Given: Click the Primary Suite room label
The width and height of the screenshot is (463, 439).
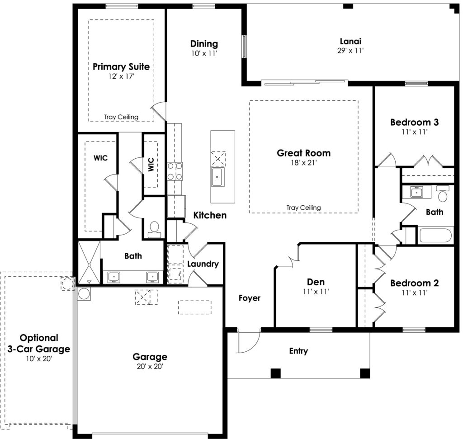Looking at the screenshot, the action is point(121,66).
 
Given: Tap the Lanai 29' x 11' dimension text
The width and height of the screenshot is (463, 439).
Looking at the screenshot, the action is point(350,51).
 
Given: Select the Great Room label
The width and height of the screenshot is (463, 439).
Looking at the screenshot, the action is point(303,153).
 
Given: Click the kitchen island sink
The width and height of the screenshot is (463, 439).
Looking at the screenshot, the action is point(218,177).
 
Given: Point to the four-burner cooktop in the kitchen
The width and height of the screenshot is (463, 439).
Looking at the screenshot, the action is point(175,171).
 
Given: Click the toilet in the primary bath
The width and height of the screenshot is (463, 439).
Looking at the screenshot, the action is point(154,230).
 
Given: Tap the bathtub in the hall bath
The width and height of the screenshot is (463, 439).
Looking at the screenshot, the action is point(435,235).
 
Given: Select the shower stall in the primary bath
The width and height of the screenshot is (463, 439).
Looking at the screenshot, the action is point(89,262).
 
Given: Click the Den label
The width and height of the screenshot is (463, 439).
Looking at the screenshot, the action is point(316,282).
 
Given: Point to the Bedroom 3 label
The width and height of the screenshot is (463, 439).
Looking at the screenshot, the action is point(414,122).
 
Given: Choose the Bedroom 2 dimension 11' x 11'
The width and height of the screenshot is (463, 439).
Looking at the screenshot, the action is point(414,293).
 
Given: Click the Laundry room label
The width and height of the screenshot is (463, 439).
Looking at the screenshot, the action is point(203,264).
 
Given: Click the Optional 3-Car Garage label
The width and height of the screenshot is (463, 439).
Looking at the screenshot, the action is point(39,343).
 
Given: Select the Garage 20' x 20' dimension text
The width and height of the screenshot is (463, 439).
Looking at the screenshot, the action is point(150,366).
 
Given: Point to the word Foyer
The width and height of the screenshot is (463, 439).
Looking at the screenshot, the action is point(250,298).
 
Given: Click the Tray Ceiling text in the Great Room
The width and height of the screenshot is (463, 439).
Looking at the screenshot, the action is point(303,208).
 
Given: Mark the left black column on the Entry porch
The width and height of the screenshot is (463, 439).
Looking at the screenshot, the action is point(275,373).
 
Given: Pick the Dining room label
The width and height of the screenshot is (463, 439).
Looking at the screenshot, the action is point(204,44).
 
